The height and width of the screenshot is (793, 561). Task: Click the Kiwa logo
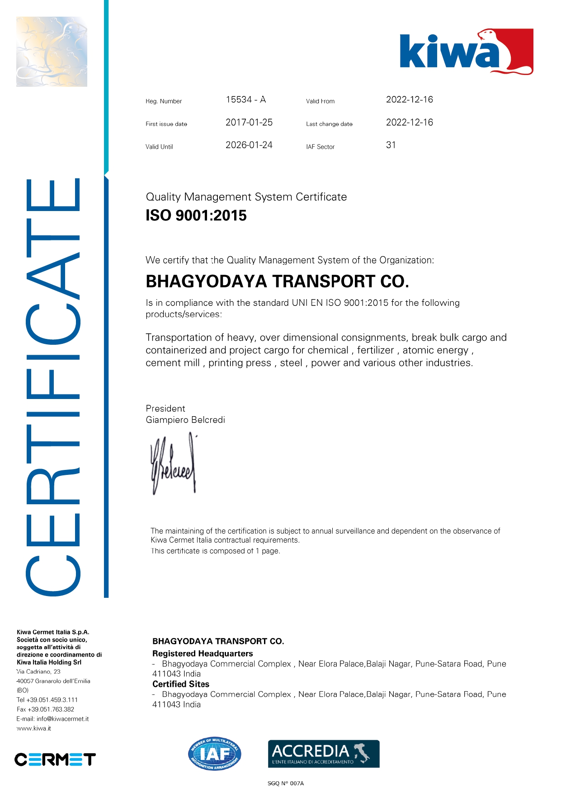click(466, 52)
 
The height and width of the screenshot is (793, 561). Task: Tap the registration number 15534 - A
click(245, 100)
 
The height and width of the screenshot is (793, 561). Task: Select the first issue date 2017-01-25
click(249, 122)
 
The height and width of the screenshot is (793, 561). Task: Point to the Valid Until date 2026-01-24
click(249, 145)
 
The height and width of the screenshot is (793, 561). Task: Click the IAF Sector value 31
click(391, 145)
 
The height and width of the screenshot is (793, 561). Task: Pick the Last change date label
click(329, 124)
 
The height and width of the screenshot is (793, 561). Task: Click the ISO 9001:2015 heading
click(196, 216)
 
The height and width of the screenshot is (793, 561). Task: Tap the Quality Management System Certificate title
click(246, 197)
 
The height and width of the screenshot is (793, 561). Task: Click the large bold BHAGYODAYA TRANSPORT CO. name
click(277, 282)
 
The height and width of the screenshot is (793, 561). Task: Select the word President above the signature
click(165, 408)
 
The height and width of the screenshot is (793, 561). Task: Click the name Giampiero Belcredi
click(185, 420)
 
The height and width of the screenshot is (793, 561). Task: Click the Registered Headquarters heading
click(203, 653)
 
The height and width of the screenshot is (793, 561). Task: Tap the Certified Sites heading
click(181, 684)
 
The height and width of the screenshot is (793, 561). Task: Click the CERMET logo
click(55, 760)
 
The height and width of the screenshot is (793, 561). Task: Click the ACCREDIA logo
click(324, 754)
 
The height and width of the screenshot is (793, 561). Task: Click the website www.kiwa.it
click(34, 728)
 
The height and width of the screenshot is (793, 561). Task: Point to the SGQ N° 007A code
click(286, 784)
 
